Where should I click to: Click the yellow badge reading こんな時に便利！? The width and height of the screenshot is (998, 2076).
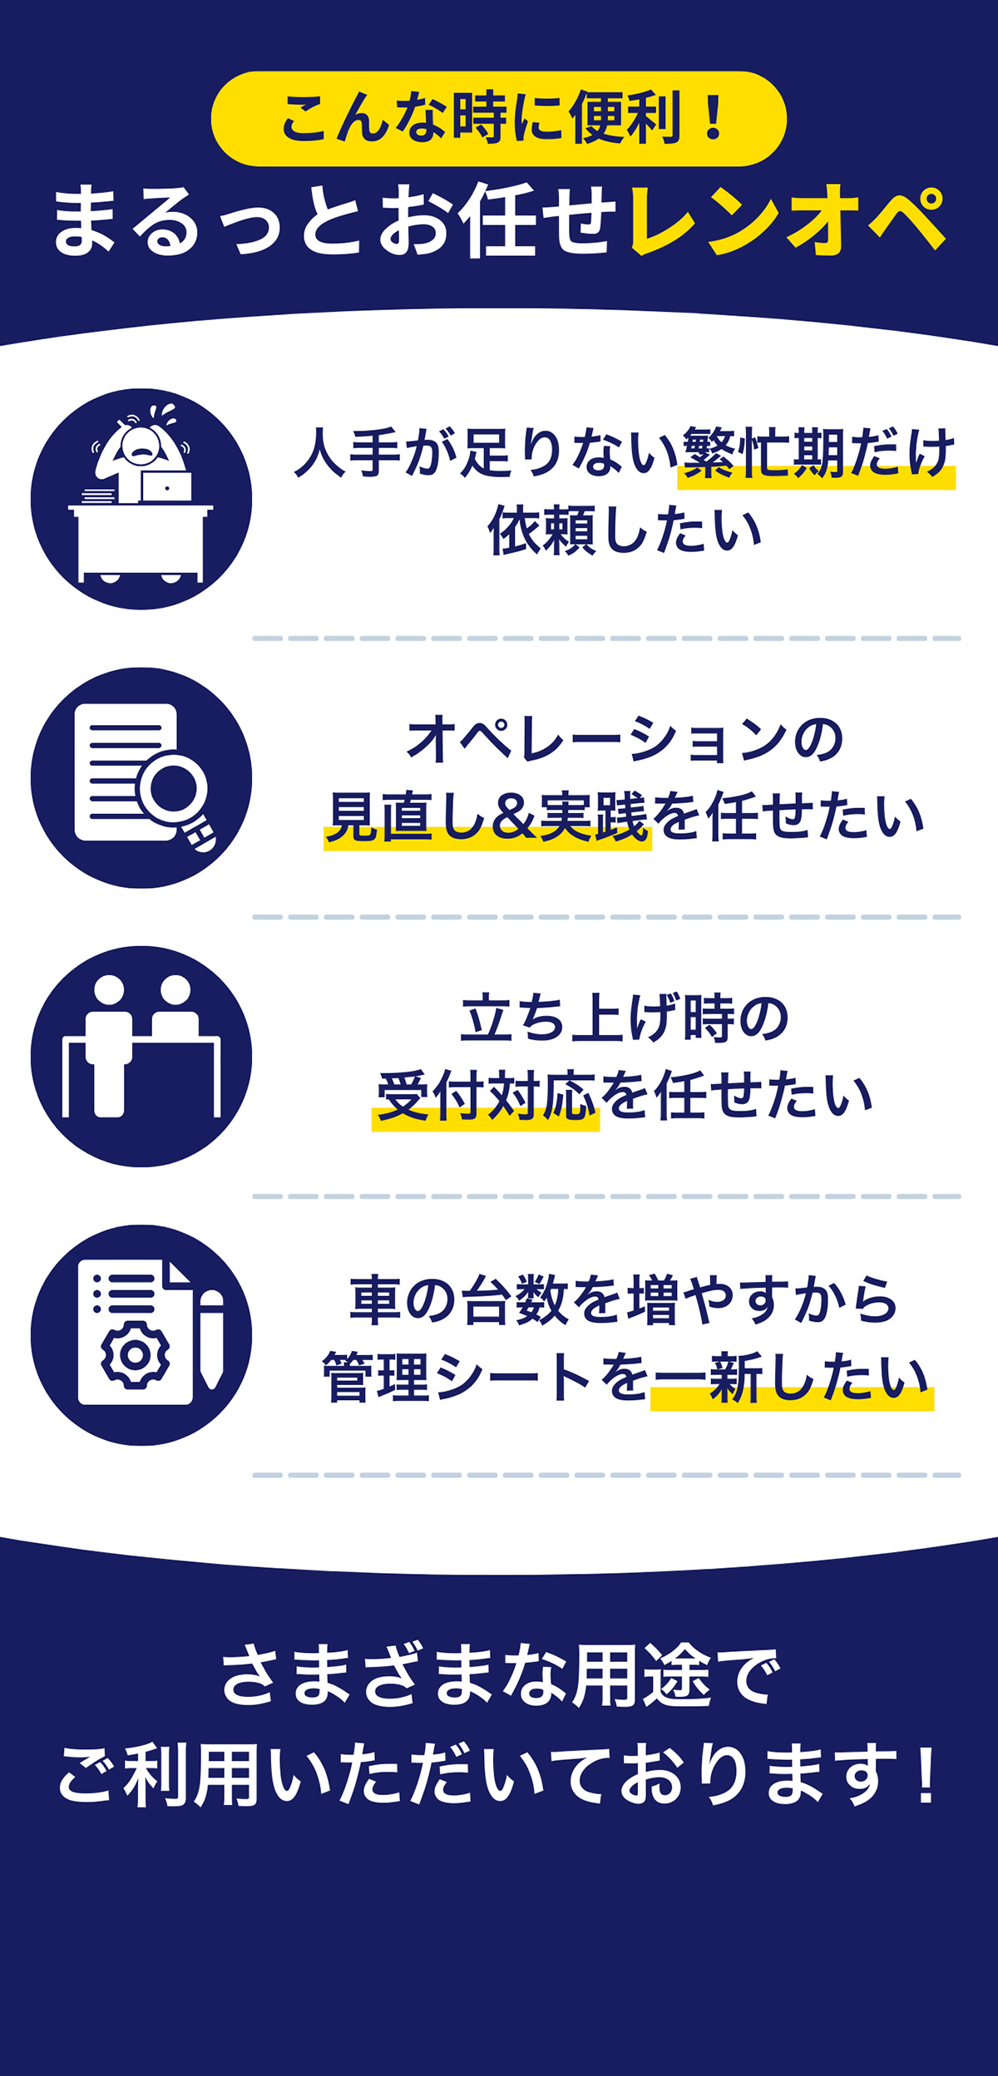499,119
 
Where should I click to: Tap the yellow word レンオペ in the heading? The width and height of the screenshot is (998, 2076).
787,220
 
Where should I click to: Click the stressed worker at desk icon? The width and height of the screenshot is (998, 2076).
141,499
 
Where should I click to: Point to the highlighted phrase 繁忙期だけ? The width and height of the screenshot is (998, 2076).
818,456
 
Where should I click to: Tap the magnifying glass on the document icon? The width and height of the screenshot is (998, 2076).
175,786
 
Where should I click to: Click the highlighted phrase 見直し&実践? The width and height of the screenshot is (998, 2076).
487,818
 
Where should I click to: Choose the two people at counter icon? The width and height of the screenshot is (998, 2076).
141,1056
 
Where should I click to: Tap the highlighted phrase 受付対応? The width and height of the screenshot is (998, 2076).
487,1097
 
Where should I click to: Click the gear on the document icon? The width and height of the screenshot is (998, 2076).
135,1354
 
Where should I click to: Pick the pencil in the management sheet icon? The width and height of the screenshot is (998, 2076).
211,1339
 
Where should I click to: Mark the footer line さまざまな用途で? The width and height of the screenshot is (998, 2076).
499,1675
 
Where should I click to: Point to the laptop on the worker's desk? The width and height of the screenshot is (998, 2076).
166,486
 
